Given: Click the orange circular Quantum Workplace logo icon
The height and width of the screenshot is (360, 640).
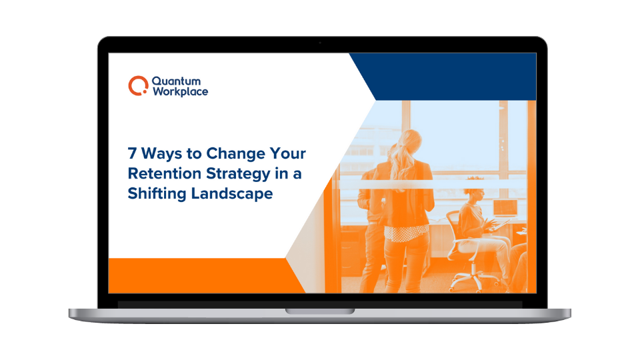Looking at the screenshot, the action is [x=138, y=86].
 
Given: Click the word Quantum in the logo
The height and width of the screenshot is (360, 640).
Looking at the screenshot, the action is [x=176, y=81].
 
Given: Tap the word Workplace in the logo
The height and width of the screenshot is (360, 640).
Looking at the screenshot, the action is [x=181, y=91].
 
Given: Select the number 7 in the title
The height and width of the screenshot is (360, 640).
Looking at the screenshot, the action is [x=132, y=153].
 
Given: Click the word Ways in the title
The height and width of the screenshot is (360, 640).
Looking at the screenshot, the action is [x=161, y=153].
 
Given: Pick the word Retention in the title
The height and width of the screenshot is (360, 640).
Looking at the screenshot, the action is [x=165, y=173].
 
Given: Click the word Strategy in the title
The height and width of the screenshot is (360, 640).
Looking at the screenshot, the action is [x=238, y=174].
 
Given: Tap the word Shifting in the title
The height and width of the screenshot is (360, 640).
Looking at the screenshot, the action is [x=157, y=193].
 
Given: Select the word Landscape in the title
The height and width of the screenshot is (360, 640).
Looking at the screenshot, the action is [x=232, y=194].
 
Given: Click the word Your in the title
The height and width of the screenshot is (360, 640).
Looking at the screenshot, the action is [x=288, y=153].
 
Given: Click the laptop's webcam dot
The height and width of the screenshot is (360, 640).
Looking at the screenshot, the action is [x=320, y=43].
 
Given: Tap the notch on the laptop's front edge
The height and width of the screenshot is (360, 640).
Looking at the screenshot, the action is [x=320, y=311].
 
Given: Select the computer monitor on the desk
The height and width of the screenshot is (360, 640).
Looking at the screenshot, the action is [x=505, y=208].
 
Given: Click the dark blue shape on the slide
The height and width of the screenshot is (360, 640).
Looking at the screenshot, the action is [x=443, y=77].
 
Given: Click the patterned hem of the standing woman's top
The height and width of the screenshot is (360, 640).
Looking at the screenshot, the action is [x=407, y=233].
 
